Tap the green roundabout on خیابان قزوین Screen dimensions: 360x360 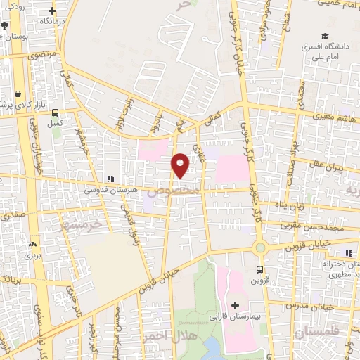click(261, 247)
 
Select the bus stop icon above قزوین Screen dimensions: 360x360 click(259, 269)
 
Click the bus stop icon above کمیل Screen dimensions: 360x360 click(55, 112)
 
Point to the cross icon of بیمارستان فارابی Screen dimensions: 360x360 click(235, 306)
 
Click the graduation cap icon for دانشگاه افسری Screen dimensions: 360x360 click(324, 37)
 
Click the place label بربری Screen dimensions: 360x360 click(33, 255)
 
